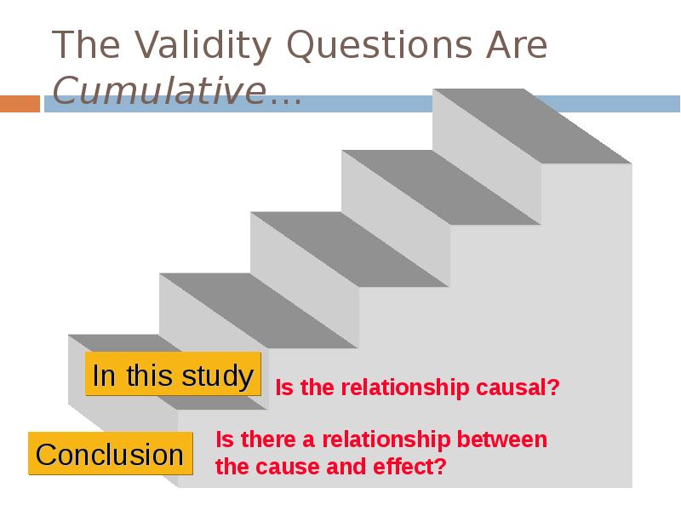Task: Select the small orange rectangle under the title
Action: [20, 104]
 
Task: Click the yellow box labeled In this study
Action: [173, 376]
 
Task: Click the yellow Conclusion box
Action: [110, 455]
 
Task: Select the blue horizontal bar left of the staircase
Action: [238, 104]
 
